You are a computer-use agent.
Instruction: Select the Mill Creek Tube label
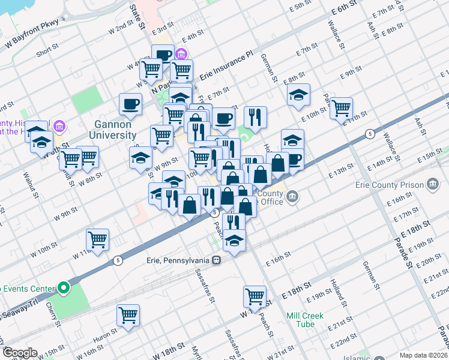click(305, 320)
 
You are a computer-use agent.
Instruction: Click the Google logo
click(19, 353)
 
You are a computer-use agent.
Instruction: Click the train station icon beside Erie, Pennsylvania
click(218, 260)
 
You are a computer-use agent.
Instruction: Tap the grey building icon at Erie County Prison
click(432, 185)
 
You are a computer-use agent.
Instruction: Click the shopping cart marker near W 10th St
click(97, 241)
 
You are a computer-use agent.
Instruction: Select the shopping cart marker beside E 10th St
click(341, 109)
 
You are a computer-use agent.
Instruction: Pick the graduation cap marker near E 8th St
click(298, 94)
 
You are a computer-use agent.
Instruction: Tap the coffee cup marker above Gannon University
click(130, 104)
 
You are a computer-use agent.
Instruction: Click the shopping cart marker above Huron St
click(128, 315)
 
